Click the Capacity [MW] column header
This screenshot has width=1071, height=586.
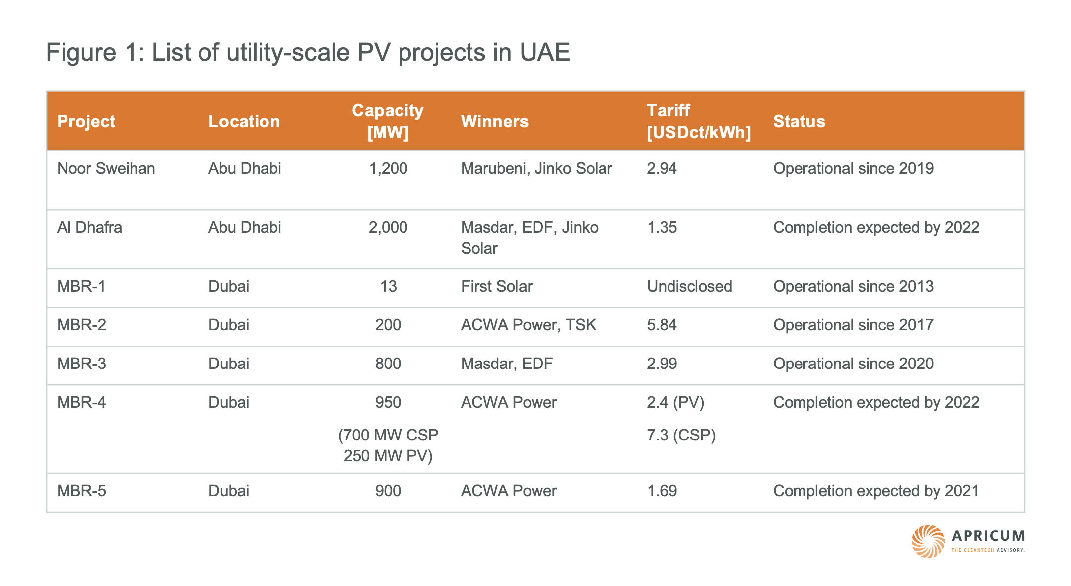388,121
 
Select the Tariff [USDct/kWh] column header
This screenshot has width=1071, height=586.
698,121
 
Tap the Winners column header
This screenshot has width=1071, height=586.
494,121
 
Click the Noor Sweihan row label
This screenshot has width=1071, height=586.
106,169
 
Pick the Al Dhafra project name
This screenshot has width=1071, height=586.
89,227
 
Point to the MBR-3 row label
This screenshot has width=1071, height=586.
81,364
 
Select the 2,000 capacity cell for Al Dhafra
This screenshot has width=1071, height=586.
388,227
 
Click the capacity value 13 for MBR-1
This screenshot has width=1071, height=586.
388,286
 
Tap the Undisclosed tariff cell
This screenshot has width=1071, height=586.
689,286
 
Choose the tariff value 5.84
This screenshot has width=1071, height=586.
662,325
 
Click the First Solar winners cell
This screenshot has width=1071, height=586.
496,286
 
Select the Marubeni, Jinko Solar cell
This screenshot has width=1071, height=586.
536,169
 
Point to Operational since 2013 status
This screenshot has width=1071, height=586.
853,286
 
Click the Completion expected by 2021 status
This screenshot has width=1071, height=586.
875,491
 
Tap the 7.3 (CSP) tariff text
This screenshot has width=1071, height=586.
681,435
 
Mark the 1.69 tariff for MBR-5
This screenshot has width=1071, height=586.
662,491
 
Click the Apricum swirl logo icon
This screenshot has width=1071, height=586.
928,541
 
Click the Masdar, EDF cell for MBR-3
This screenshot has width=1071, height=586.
506,364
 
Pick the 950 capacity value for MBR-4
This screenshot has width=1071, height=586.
388,402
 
